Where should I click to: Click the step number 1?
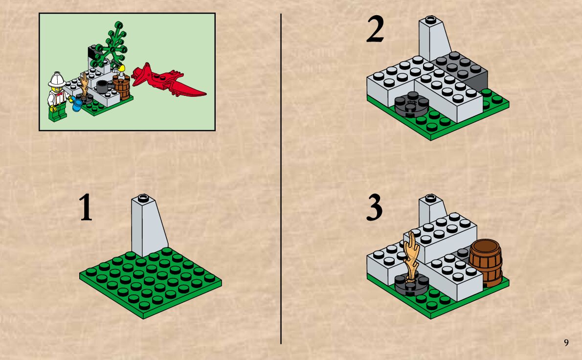[86, 207]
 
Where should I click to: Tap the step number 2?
[375, 29]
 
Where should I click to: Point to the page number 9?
[566, 342]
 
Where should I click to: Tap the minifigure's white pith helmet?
[57, 79]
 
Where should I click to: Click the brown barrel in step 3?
[486, 262]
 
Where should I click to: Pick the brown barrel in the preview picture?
[122, 88]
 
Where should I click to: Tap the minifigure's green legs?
[57, 112]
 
